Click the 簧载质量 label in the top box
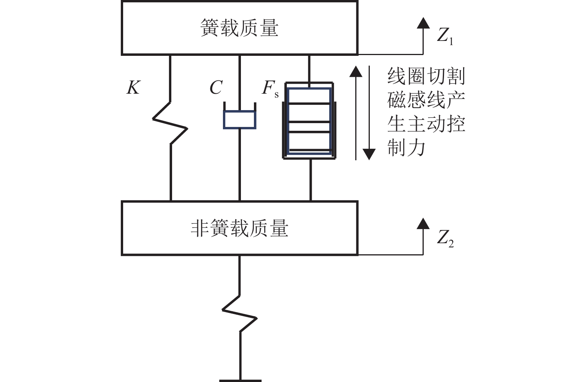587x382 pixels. coord(239,28)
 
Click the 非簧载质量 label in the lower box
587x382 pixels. coord(239,228)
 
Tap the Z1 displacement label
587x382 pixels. coord(445,37)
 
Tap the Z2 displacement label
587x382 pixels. coord(445,238)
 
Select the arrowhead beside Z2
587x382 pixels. coord(423,223)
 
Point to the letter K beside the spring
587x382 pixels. coord(133,88)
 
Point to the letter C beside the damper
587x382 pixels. coord(216,88)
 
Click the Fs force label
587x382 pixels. coord(270,89)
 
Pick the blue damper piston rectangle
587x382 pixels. coord(239,119)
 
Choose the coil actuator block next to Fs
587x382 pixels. coord(310,121)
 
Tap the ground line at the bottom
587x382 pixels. coord(240,380)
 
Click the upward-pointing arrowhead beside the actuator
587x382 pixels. coord(356,72)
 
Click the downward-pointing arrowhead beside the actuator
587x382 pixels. coord(369,154)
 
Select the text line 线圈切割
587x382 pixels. coord(426,76)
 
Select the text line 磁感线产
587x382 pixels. coord(426,100)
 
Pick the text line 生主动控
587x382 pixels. coord(426,124)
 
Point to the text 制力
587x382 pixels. coord(406,148)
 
